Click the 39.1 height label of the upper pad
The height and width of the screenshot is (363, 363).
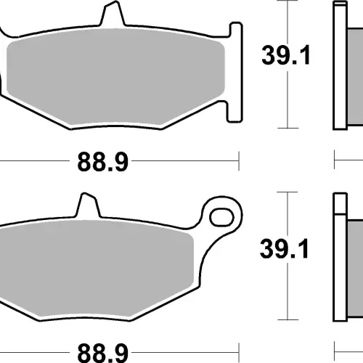[x=286, y=55]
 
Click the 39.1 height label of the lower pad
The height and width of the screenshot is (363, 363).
[x=284, y=248]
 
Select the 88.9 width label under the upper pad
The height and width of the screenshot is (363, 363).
[x=102, y=162]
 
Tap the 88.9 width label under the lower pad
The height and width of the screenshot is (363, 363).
[x=102, y=353]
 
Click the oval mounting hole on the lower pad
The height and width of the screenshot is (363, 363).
[x=221, y=217]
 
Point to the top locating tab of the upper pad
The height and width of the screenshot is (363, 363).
[x=113, y=14]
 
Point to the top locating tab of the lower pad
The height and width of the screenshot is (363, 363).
[x=88, y=205]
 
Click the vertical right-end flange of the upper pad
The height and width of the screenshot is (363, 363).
[x=235, y=72]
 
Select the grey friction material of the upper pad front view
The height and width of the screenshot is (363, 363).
[x=115, y=77]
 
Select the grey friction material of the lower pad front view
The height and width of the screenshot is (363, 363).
[x=97, y=269]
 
